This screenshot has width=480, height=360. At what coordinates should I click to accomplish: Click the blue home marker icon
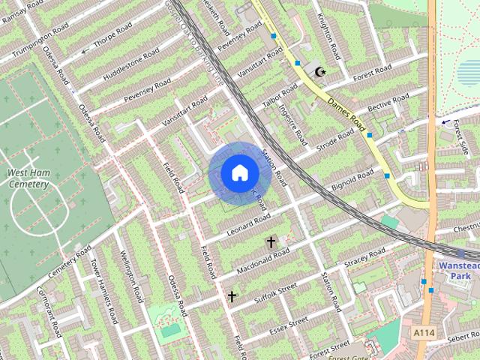[239, 172]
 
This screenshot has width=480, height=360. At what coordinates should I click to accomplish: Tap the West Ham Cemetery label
[28, 178]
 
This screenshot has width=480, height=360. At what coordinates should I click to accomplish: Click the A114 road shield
[423, 330]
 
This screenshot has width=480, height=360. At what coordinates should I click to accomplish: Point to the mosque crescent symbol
[321, 72]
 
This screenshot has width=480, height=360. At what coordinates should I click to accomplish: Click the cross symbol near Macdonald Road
[271, 242]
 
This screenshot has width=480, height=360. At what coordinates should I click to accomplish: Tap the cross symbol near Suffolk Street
[232, 297]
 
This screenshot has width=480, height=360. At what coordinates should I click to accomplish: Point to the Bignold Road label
[352, 181]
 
